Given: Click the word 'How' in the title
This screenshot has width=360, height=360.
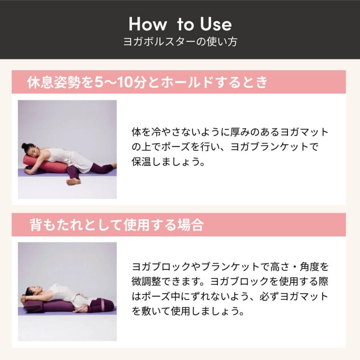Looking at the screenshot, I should coord(147,24).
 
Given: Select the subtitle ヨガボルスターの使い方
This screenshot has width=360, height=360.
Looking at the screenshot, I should coord(180,42).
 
